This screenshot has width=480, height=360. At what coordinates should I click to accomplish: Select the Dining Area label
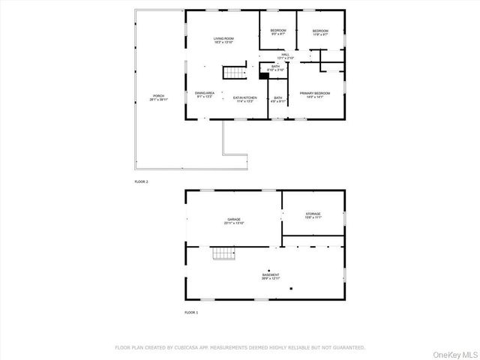205,94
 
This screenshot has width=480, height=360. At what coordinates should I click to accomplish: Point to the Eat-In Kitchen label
244,99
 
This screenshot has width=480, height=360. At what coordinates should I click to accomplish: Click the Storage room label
313,215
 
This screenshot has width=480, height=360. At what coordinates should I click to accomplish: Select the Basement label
271,277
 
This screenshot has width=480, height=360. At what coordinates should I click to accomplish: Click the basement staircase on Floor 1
224,256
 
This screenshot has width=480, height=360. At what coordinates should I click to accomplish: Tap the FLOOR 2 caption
142,182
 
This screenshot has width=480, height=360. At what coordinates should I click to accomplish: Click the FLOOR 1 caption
192,311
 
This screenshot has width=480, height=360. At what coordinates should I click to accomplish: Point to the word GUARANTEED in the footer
347,347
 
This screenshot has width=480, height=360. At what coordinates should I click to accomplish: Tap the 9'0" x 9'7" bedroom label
277,32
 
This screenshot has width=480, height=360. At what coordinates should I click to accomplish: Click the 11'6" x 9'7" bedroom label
320,32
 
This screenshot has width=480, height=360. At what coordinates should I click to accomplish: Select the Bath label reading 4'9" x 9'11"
278,99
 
